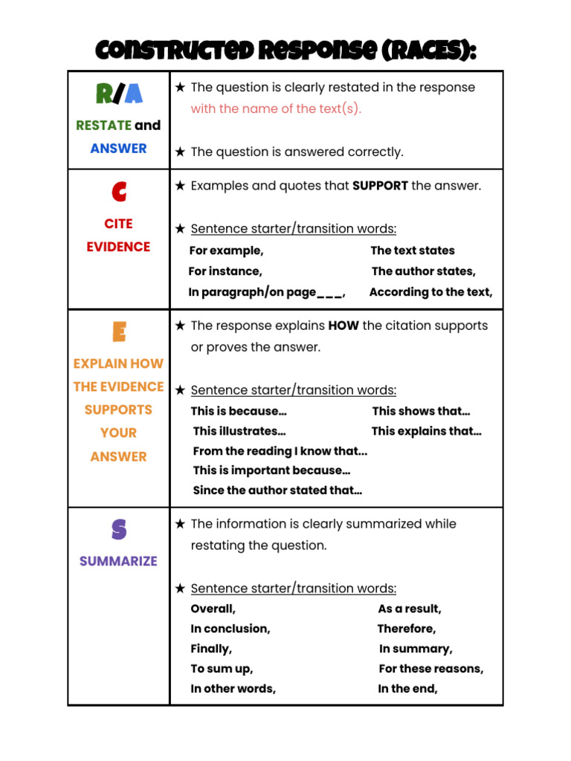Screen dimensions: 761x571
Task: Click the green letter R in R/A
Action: click(x=105, y=94)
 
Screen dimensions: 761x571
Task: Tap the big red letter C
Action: click(x=118, y=192)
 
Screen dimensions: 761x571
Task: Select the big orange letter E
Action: click(x=118, y=331)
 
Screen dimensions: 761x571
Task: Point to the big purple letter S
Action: click(x=118, y=529)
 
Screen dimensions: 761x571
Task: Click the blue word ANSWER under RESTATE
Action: click(x=118, y=148)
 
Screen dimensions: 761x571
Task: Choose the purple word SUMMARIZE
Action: click(x=118, y=561)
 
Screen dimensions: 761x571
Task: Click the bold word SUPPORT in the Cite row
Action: click(x=380, y=186)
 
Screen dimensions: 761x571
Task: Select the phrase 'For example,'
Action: click(x=226, y=250)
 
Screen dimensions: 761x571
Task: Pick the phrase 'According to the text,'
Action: click(x=430, y=292)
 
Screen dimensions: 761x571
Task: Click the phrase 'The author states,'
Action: click(x=423, y=271)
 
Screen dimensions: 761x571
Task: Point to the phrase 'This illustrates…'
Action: click(x=239, y=431)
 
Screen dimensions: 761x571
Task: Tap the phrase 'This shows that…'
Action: click(x=421, y=411)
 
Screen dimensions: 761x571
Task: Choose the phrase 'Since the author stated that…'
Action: click(x=277, y=490)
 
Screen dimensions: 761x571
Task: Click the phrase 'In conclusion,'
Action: click(x=230, y=629)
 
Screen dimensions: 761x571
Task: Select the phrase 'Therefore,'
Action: click(x=406, y=629)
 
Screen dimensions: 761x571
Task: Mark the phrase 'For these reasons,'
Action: click(x=430, y=669)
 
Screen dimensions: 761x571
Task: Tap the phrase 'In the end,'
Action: click(x=407, y=689)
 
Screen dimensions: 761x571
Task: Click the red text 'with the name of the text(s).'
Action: click(x=276, y=109)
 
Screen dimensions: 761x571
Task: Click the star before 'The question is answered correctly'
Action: click(x=180, y=152)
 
